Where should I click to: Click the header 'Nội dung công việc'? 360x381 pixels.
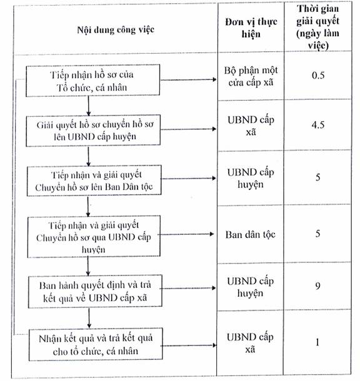(x=116, y=30)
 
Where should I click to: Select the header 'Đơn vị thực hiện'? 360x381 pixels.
(x=251, y=27)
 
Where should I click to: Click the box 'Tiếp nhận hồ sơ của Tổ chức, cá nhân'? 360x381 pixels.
(x=93, y=81)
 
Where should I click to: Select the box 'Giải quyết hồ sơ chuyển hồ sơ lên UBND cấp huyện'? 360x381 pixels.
(x=93, y=131)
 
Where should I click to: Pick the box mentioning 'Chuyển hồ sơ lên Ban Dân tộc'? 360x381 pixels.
(x=94, y=181)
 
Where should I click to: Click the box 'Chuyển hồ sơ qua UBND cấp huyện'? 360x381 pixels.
(x=94, y=237)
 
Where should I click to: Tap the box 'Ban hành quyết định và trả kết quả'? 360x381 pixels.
(x=95, y=292)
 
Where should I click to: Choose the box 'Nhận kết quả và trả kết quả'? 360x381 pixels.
(x=96, y=345)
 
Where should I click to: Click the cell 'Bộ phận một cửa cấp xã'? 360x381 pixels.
(x=251, y=76)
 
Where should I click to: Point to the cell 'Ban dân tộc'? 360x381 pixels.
(x=250, y=235)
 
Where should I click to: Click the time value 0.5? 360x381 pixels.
(x=318, y=76)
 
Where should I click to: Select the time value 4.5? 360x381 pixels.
(x=318, y=125)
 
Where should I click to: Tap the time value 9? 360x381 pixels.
(x=317, y=286)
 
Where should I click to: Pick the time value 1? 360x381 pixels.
(x=317, y=342)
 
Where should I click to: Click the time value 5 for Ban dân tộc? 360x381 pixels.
(x=317, y=234)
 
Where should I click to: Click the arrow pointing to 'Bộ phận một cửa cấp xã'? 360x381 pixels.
(x=188, y=79)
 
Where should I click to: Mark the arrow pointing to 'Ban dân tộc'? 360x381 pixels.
(x=186, y=234)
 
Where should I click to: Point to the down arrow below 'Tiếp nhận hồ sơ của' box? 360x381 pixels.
(x=89, y=106)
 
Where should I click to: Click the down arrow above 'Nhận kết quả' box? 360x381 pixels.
(x=89, y=319)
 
